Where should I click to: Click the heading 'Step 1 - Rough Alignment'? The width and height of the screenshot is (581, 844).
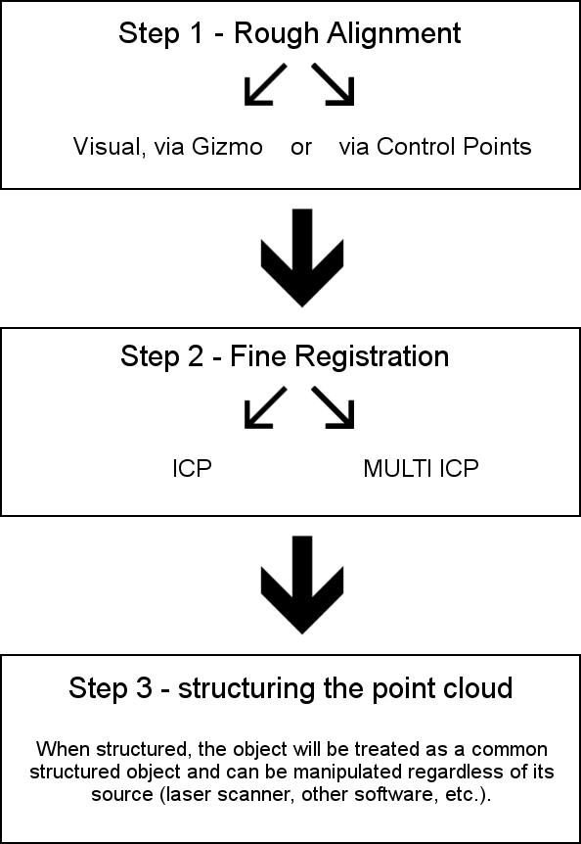pos(290,34)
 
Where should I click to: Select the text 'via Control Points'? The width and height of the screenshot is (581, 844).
pos(435,147)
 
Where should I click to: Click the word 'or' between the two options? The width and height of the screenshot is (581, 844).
pos(300,147)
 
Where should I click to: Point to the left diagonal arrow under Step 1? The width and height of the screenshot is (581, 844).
pos(265,84)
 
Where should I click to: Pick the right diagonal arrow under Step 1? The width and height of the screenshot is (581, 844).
pos(333,84)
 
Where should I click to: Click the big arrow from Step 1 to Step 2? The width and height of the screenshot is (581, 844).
pos(302,258)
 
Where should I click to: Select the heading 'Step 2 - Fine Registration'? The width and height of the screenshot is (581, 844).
pos(285,356)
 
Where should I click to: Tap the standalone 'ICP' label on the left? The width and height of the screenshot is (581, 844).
pos(192,469)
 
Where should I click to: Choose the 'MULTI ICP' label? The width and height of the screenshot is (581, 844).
pos(421,469)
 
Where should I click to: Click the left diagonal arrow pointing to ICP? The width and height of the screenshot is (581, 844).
pos(265,407)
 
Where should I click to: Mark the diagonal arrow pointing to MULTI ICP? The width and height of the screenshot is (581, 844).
pos(333,407)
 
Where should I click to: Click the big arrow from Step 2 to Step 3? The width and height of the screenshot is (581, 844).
pos(302,586)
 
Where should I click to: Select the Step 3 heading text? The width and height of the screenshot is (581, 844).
pos(290,688)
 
